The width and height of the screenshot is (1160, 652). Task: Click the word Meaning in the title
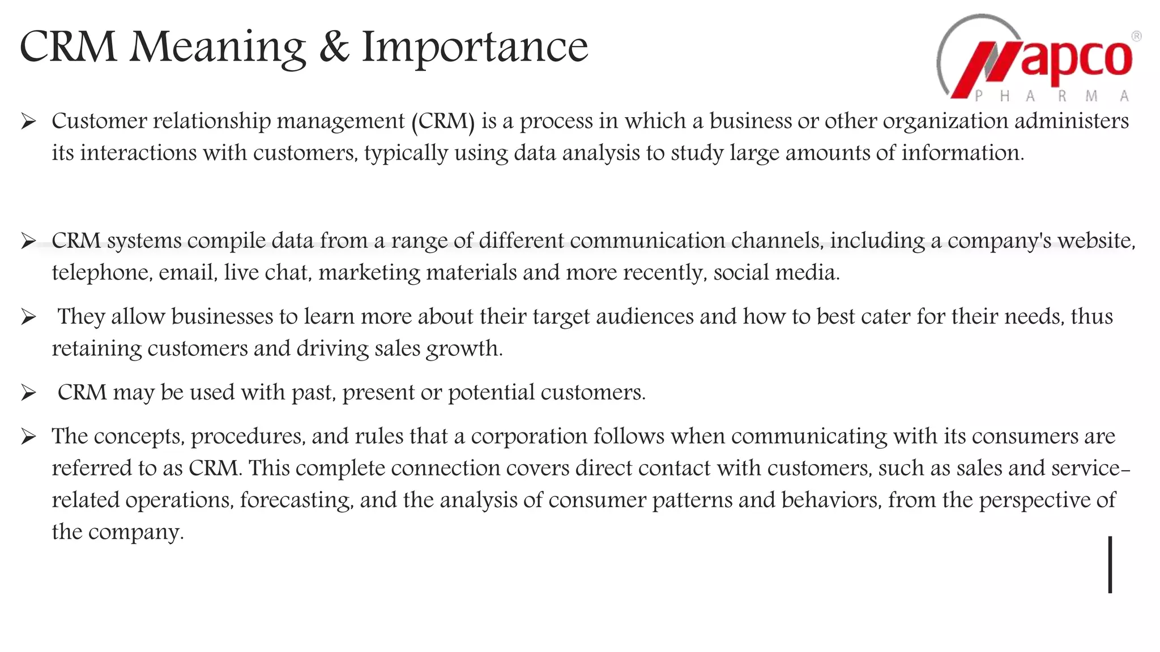(217, 48)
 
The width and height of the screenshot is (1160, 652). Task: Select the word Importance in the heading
(475, 48)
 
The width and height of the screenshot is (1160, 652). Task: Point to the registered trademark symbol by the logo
(1136, 36)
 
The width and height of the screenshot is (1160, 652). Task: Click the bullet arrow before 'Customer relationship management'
(28, 121)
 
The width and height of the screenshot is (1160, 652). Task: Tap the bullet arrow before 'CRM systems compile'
(28, 242)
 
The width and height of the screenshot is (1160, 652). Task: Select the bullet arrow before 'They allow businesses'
(28, 318)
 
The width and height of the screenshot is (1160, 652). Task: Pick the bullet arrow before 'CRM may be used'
(28, 393)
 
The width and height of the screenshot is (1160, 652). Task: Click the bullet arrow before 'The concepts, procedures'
(28, 437)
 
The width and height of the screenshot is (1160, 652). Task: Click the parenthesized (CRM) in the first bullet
(443, 121)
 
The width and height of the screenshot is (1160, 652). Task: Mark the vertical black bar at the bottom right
(1110, 565)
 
